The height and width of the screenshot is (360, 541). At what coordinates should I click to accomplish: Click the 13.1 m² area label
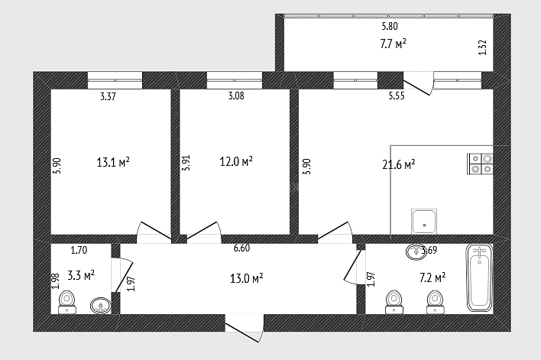click(x=113, y=162)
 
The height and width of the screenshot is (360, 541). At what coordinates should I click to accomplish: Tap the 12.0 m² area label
click(x=236, y=161)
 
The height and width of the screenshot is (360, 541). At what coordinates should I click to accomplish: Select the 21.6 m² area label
click(x=399, y=164)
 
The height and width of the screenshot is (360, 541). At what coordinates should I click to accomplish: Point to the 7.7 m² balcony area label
click(x=393, y=44)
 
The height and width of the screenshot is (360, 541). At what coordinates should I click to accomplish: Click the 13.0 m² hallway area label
click(x=246, y=278)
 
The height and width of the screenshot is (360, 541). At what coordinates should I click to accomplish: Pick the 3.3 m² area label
click(x=81, y=275)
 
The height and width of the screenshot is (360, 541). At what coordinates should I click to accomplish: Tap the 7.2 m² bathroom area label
click(x=432, y=277)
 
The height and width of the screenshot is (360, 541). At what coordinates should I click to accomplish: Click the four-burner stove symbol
click(x=480, y=164)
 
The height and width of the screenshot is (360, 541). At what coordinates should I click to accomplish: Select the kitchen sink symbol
click(x=424, y=221)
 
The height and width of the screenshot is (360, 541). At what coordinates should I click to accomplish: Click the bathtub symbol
click(x=479, y=278)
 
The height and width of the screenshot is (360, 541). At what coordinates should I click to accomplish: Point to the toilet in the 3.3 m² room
click(x=67, y=303)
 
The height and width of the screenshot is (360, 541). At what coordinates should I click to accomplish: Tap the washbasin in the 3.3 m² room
click(x=101, y=306)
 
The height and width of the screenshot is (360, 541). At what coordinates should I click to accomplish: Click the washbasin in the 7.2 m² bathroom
click(x=416, y=251)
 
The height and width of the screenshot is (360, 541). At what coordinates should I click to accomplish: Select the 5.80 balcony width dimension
click(x=390, y=26)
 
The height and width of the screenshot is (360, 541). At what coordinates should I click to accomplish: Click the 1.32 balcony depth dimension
click(x=483, y=47)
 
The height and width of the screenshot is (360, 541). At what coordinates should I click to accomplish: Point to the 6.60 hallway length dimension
click(x=241, y=248)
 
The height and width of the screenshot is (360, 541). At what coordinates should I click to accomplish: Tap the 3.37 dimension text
click(x=108, y=96)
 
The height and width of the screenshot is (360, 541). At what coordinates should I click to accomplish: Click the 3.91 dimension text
click(x=186, y=163)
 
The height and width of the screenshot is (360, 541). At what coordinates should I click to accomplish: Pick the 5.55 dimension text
click(x=397, y=96)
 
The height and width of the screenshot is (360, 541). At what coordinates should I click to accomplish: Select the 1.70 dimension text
click(x=79, y=250)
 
